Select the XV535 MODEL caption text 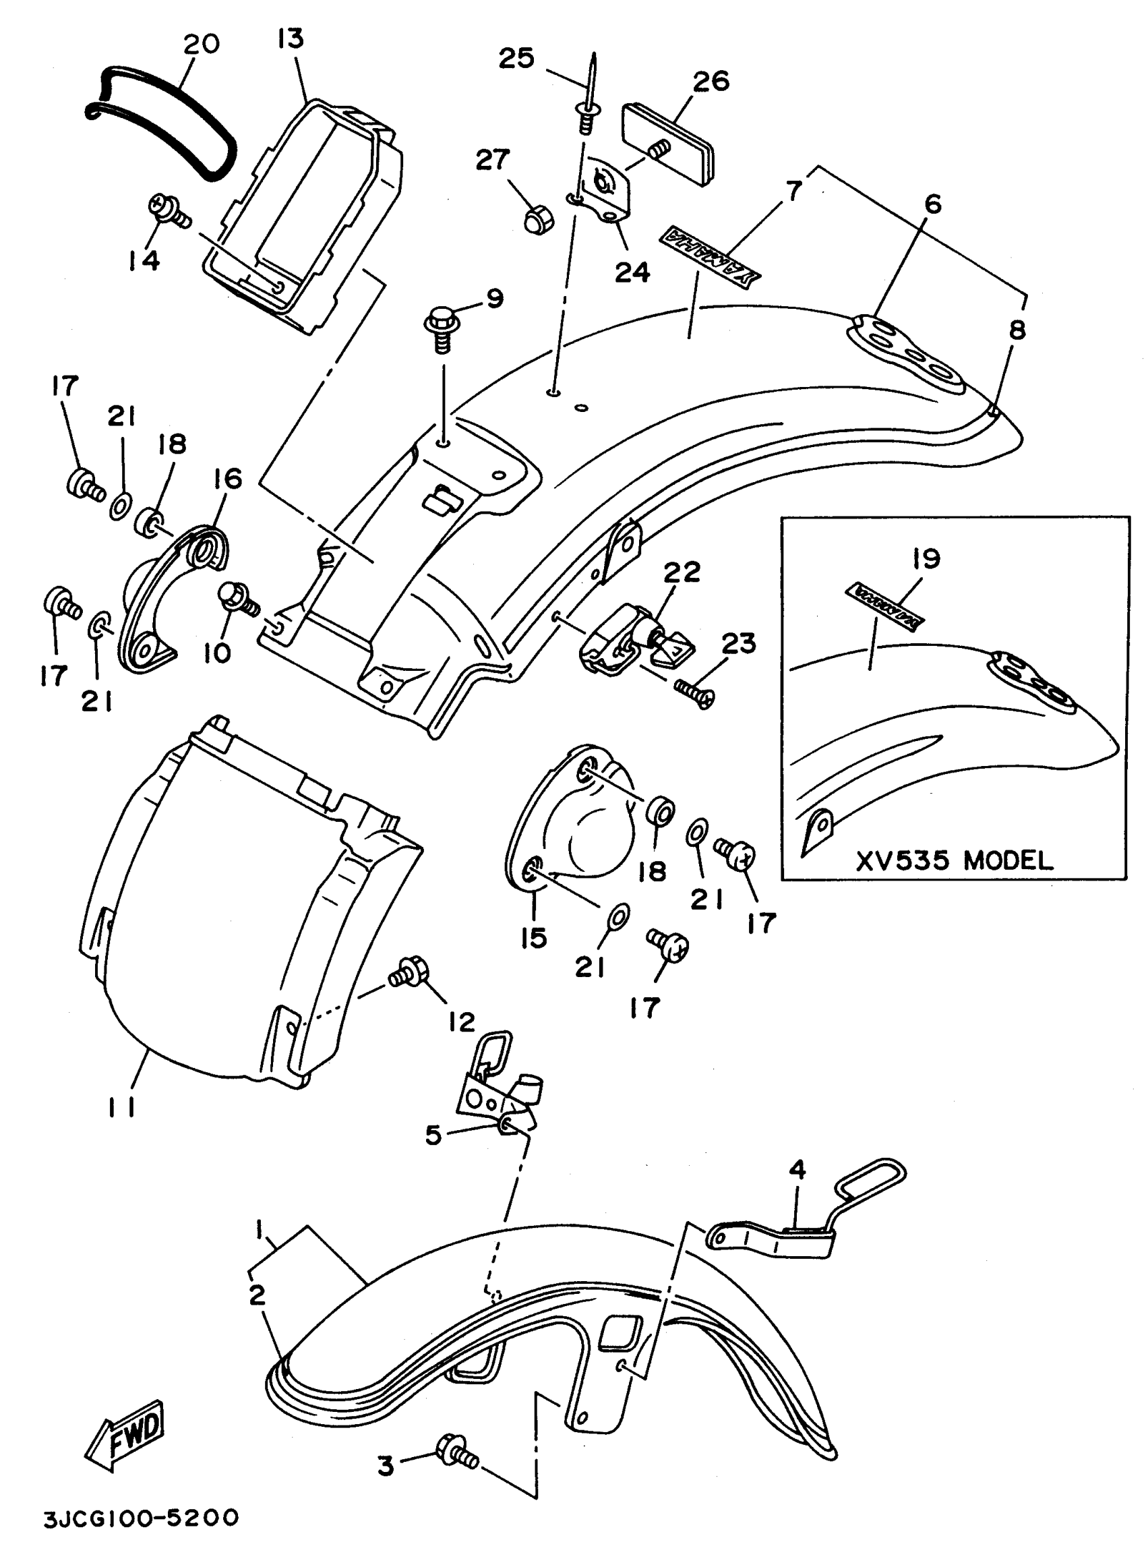pyautogui.click(x=955, y=861)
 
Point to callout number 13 pyautogui.click(x=290, y=39)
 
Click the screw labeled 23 pyautogui.click(x=694, y=695)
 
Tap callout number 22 pyautogui.click(x=682, y=573)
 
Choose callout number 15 pyautogui.click(x=534, y=939)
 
